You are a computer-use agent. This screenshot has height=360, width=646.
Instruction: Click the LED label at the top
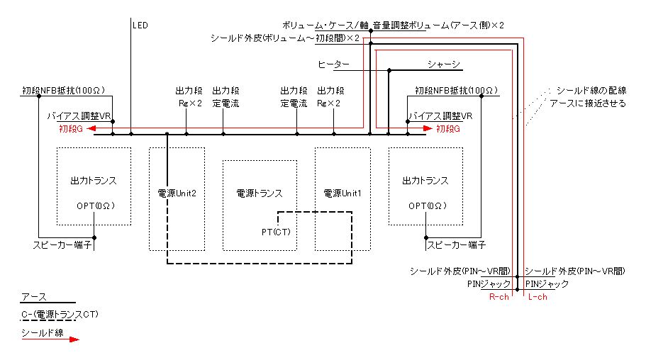coord(140,26)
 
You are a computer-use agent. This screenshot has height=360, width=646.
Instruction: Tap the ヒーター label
coord(333,64)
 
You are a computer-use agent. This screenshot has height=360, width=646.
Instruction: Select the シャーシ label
coord(443,64)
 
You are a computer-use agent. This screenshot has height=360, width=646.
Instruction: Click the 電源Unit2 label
coord(177,193)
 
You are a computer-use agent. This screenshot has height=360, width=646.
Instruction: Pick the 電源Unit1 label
coord(343,193)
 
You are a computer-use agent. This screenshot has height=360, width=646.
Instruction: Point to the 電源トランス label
coord(260,193)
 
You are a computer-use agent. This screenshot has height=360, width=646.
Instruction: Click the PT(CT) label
coord(276,232)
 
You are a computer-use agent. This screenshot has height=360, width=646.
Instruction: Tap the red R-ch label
coord(499,297)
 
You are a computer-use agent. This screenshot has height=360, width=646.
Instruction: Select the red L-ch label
coord(538,297)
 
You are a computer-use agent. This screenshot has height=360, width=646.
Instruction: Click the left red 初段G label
coord(71,129)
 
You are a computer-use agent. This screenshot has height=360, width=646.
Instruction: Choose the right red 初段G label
coord(448,129)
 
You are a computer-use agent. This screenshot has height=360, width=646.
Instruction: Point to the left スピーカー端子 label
coord(62,245)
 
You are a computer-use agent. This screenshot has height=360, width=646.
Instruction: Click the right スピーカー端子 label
coord(457,245)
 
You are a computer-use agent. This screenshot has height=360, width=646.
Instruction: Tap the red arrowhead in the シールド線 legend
coord(74,339)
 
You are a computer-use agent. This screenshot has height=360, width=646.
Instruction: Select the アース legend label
coord(34,297)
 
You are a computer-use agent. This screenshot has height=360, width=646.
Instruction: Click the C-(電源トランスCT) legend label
coord(60,315)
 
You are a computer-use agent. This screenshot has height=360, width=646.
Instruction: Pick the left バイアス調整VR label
coord(79,116)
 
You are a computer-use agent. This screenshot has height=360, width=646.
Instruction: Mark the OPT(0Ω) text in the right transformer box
coord(428,206)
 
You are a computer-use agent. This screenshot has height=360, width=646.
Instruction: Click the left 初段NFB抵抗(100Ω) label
coord(63,91)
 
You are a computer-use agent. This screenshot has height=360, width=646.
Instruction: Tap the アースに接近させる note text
coord(588,103)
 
